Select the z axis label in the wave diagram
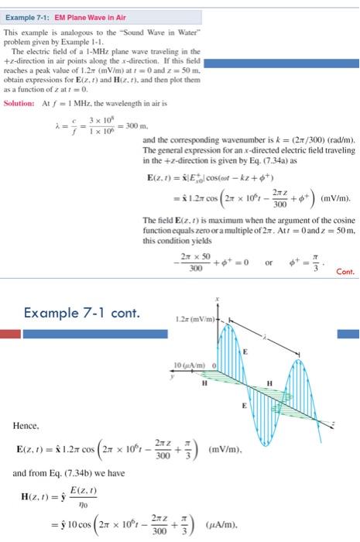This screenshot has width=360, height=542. pos(334,423)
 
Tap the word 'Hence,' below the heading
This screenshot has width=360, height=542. pos(26,424)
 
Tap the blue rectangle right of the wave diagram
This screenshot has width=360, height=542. pos(348,334)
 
